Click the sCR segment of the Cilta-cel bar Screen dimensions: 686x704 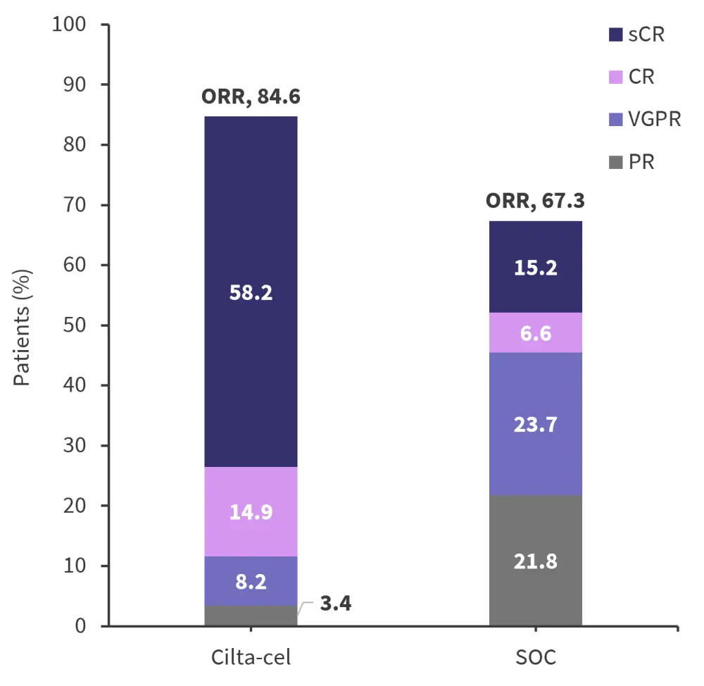click(251, 292)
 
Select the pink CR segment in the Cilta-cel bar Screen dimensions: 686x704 click(251, 511)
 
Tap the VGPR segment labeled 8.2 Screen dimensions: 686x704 click(251, 581)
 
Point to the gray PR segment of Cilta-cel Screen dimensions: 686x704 click(251, 616)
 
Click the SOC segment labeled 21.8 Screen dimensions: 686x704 click(536, 561)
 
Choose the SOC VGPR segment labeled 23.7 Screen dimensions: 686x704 click(536, 424)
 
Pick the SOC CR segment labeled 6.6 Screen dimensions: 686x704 click(536, 332)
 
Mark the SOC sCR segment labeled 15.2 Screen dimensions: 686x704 click(536, 267)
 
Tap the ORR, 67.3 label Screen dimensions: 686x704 click(535, 201)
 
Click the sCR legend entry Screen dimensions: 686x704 click(636, 35)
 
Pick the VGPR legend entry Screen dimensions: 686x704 click(645, 119)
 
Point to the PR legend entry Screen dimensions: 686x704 click(631, 161)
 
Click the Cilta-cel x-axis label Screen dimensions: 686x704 click(251, 658)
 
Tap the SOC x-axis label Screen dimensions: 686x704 click(536, 658)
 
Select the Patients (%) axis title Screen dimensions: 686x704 click(23, 325)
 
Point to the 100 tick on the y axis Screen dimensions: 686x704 click(68, 25)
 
